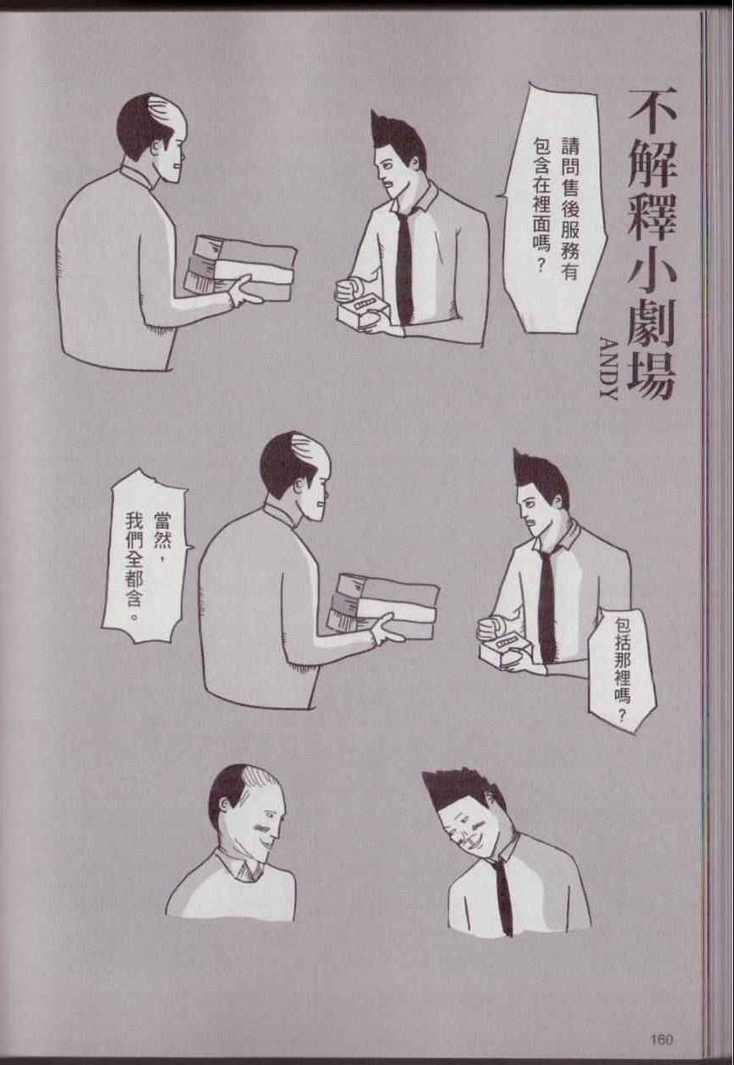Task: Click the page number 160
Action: click(x=661, y=1026)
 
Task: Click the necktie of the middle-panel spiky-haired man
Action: click(x=547, y=606)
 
